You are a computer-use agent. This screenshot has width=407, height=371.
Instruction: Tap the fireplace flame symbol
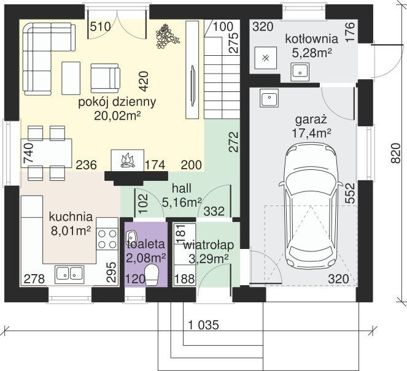click(128, 161)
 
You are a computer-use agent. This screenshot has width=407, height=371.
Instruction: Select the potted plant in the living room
click(167, 36)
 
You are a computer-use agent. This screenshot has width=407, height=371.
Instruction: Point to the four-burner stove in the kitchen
click(107, 239)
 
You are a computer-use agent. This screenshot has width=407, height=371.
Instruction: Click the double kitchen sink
click(69, 275)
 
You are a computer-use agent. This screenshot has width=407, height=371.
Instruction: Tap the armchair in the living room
click(105, 78)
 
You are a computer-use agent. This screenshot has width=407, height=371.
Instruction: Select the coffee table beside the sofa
click(71, 78)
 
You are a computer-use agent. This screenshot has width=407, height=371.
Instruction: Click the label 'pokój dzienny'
click(117, 102)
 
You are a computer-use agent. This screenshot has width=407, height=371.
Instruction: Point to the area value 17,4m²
click(311, 133)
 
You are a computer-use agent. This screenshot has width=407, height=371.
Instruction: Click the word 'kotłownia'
click(311, 39)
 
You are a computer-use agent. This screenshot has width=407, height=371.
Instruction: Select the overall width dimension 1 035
click(204, 325)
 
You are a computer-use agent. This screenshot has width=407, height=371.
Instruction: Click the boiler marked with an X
click(266, 58)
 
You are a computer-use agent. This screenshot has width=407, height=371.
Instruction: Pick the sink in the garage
click(269, 98)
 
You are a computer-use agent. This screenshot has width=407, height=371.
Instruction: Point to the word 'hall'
click(182, 188)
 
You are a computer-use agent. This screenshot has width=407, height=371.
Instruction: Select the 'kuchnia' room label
click(71, 216)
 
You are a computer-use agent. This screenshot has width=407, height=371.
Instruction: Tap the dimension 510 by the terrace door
click(101, 26)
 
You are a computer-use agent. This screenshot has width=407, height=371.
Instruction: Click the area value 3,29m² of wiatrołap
click(209, 259)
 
